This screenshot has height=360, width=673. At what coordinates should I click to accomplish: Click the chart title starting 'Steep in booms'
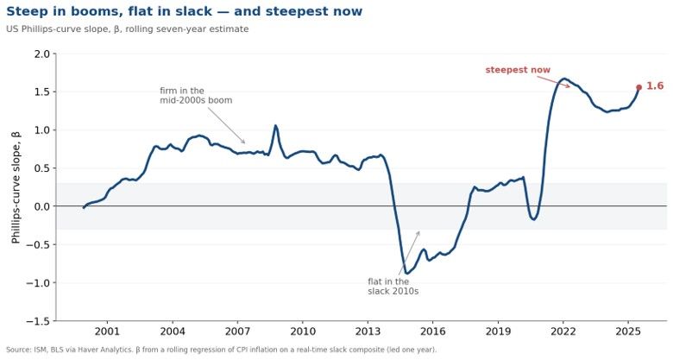click(184, 11)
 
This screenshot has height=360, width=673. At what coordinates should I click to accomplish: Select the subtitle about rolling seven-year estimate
click(128, 29)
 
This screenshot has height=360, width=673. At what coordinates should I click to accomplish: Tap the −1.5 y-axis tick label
click(38, 321)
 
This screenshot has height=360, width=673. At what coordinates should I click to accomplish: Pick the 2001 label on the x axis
click(107, 332)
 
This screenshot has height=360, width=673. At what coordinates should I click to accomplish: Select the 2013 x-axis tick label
click(368, 332)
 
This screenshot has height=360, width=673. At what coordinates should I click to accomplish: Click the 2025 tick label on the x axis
click(628, 332)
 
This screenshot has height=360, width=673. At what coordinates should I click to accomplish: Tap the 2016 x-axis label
click(432, 332)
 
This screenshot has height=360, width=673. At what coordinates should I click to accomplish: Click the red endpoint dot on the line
click(638, 87)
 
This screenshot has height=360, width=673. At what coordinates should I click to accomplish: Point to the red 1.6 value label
click(655, 86)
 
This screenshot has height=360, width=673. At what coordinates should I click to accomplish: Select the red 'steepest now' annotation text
click(518, 70)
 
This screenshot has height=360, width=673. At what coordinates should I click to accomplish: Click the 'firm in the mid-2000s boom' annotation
click(196, 95)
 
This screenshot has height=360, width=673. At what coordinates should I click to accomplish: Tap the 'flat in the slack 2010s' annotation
click(393, 286)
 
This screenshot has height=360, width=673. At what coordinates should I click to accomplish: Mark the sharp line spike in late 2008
click(275, 126)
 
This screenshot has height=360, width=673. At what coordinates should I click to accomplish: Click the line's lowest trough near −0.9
click(406, 273)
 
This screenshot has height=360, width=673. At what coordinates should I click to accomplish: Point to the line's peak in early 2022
click(564, 79)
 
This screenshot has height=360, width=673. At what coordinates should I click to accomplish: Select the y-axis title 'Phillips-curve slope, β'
click(16, 187)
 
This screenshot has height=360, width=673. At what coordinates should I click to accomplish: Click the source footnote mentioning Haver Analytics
click(221, 350)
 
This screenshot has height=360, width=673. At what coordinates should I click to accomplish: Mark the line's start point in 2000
click(84, 207)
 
